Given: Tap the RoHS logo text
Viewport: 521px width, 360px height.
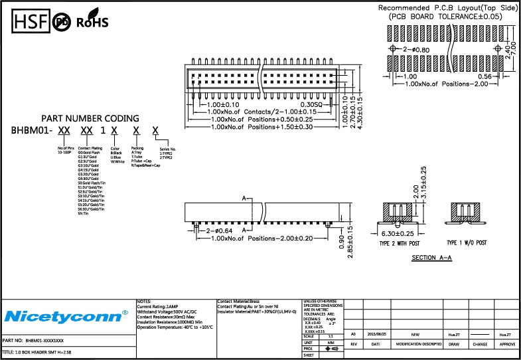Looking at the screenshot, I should coord(92,23).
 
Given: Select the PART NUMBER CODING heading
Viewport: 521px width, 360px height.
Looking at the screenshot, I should coord(90,118).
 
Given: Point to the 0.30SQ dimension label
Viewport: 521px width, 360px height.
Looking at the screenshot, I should coord(311,105).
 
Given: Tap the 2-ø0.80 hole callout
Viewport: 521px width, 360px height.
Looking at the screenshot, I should coord(416,49).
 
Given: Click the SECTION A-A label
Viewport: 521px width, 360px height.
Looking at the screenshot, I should coord(432,257).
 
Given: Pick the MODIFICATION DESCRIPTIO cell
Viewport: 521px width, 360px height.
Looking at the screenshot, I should coord(419,345).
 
